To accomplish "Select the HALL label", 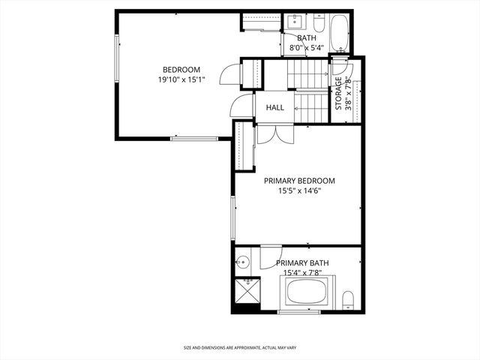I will coord(274,108).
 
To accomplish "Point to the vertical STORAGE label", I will coord(338,93).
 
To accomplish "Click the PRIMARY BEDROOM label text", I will coord(298,181).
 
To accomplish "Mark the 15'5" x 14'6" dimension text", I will coord(298,191).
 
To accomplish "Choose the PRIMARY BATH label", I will coord(302,262).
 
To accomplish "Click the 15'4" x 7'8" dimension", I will coord(302,272).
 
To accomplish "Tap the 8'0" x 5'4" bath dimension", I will coord(306,48).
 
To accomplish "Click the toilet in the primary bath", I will coord(348,301).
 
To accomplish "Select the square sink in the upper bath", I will coord(294,22).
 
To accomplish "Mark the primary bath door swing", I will coord(268,258).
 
